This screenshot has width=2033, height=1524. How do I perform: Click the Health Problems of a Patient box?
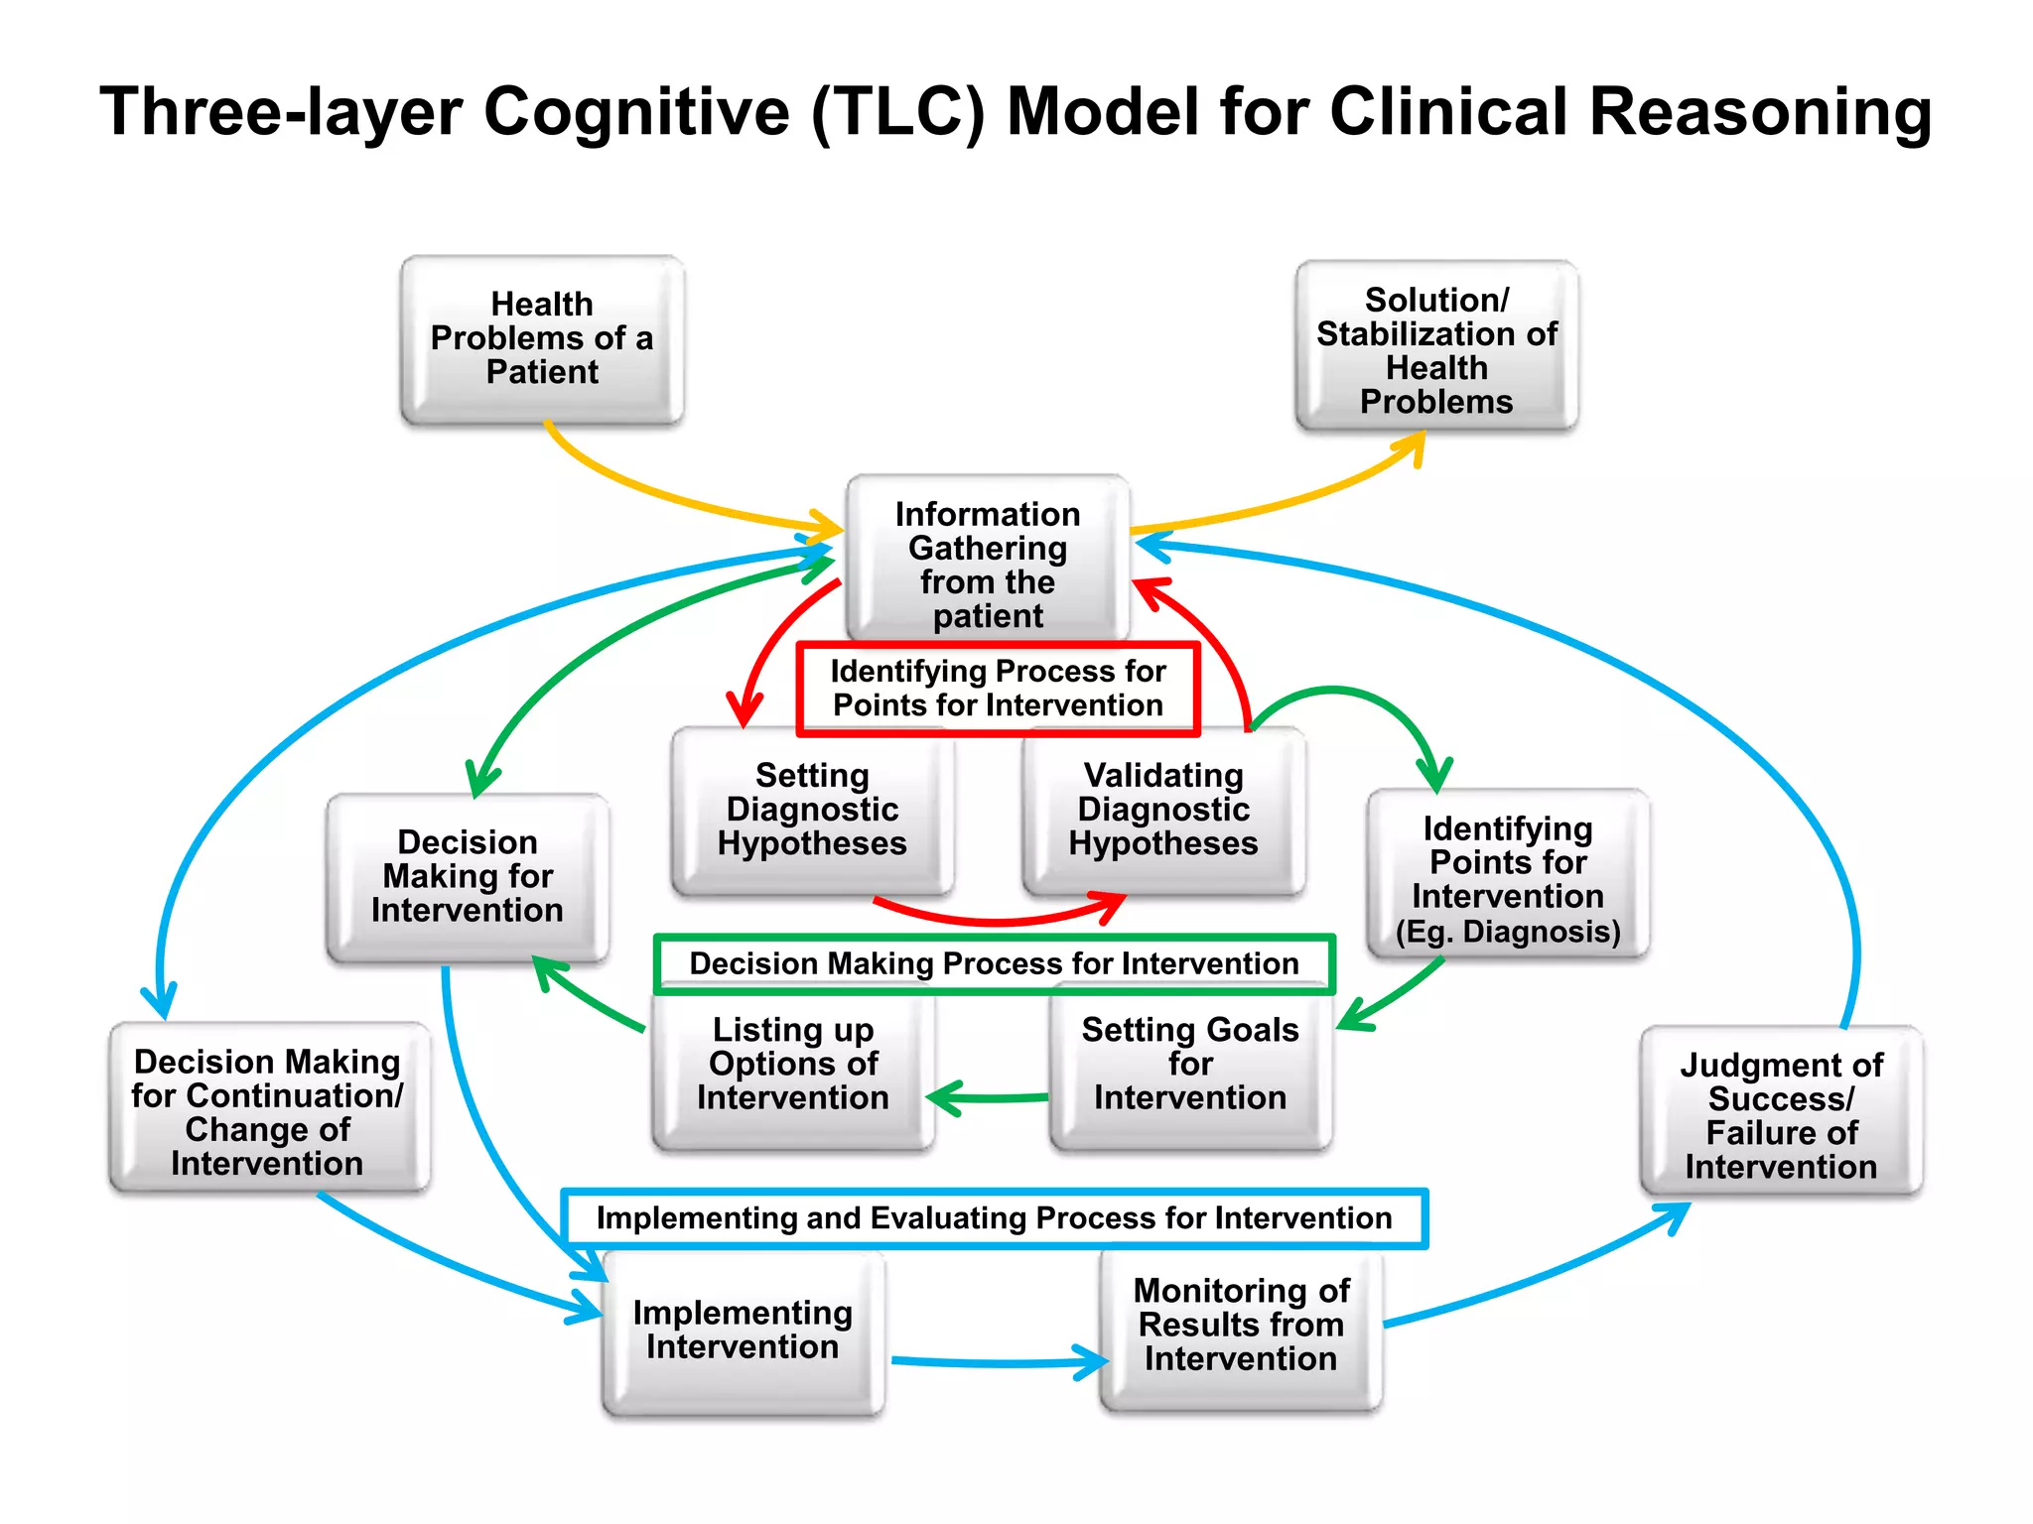pos(542,339)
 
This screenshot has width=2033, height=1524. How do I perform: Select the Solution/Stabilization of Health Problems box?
pos(1436,347)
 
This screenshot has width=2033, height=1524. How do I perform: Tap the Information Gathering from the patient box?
pos(988,562)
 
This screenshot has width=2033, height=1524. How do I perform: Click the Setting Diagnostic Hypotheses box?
pos(812,811)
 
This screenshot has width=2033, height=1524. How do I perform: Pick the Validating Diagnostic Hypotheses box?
pos(1163,811)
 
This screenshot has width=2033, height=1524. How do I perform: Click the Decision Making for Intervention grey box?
pos(468,877)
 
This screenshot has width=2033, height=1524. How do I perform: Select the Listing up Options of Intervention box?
pos(793,1066)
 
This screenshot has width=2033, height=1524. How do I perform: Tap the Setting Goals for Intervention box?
pos(1190,1066)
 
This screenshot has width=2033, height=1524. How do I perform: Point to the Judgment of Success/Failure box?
pos(1781,1114)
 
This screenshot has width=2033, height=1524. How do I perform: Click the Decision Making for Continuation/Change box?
pos(268,1111)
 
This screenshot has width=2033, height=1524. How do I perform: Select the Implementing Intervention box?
pos(743,1331)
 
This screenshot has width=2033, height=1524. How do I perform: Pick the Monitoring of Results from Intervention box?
pos(1241,1326)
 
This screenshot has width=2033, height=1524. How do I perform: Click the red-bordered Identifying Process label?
pos(998,689)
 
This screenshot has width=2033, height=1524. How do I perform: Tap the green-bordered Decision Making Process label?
pos(994,963)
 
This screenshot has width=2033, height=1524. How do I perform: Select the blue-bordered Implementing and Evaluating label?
pos(994,1218)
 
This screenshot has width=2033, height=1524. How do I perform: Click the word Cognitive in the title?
pos(636,111)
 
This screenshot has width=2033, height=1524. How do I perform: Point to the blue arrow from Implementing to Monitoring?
pos(993,1363)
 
